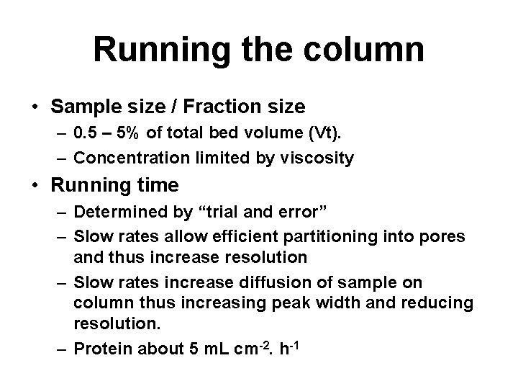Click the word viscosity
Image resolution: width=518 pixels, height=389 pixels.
tap(320, 157)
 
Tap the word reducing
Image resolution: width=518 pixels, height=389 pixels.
tap(438, 303)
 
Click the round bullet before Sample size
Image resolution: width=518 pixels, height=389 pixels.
tap(35, 107)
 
